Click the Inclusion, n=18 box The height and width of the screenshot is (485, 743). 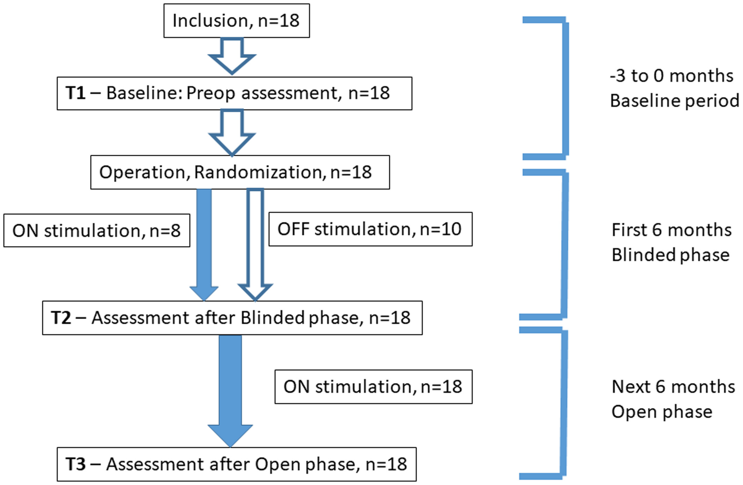(237, 21)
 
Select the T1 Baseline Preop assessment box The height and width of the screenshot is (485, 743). (235, 93)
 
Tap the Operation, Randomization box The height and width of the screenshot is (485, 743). (240, 172)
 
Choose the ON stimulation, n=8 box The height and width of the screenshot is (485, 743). (97, 231)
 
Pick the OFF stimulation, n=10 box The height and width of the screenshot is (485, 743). (370, 229)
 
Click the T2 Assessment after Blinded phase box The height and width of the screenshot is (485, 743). (233, 318)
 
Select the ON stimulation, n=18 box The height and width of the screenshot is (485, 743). (374, 387)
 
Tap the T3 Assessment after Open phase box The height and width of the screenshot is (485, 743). (237, 464)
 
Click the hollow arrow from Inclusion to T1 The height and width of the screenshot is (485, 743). (232, 56)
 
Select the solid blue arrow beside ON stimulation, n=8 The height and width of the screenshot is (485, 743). (204, 245)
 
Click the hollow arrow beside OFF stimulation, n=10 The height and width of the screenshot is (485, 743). (255, 245)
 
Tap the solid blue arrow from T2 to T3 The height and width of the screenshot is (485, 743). (230, 391)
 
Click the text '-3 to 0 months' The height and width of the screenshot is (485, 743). (671, 76)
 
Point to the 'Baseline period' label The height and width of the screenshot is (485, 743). (675, 101)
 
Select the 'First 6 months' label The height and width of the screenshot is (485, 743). (671, 230)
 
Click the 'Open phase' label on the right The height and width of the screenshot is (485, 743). (662, 412)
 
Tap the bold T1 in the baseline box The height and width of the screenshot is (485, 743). (75, 93)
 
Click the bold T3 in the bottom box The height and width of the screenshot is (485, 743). (75, 464)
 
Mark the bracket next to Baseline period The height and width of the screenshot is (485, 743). (565, 88)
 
